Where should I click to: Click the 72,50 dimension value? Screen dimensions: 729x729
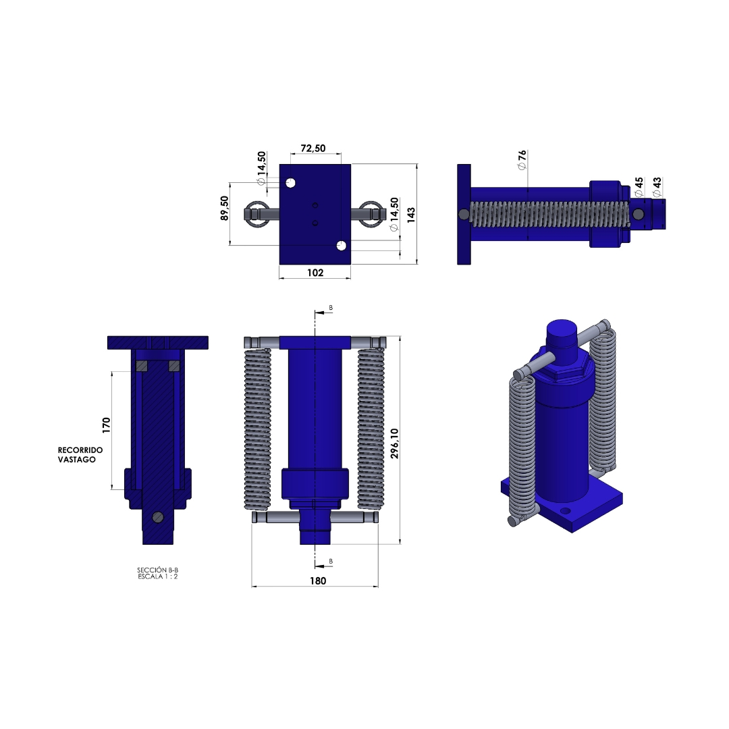tap(313, 148)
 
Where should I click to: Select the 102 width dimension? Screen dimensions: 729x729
tap(315, 273)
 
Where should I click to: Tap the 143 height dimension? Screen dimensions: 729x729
tap(411, 215)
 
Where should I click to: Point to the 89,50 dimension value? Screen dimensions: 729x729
tap(225, 208)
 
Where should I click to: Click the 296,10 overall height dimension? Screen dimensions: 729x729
tap(395, 443)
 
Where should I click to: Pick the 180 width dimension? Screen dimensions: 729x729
tap(318, 580)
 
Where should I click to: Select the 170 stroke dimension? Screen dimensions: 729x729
tap(107, 425)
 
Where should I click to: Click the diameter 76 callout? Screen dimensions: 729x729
tap(522, 160)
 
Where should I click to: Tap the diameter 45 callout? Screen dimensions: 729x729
tap(639, 186)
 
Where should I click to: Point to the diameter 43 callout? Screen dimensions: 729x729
tap(657, 186)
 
